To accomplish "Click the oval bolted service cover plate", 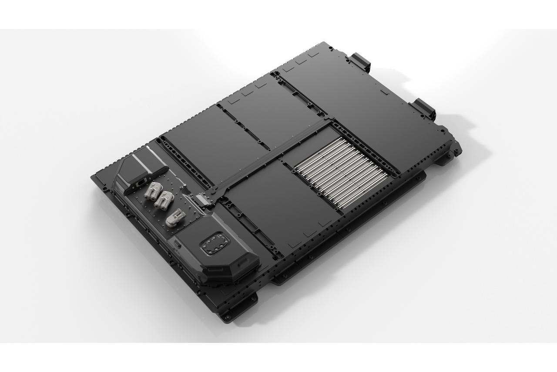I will pyautogui.click(x=213, y=246).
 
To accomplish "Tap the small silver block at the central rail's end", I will pyautogui.click(x=202, y=200).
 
